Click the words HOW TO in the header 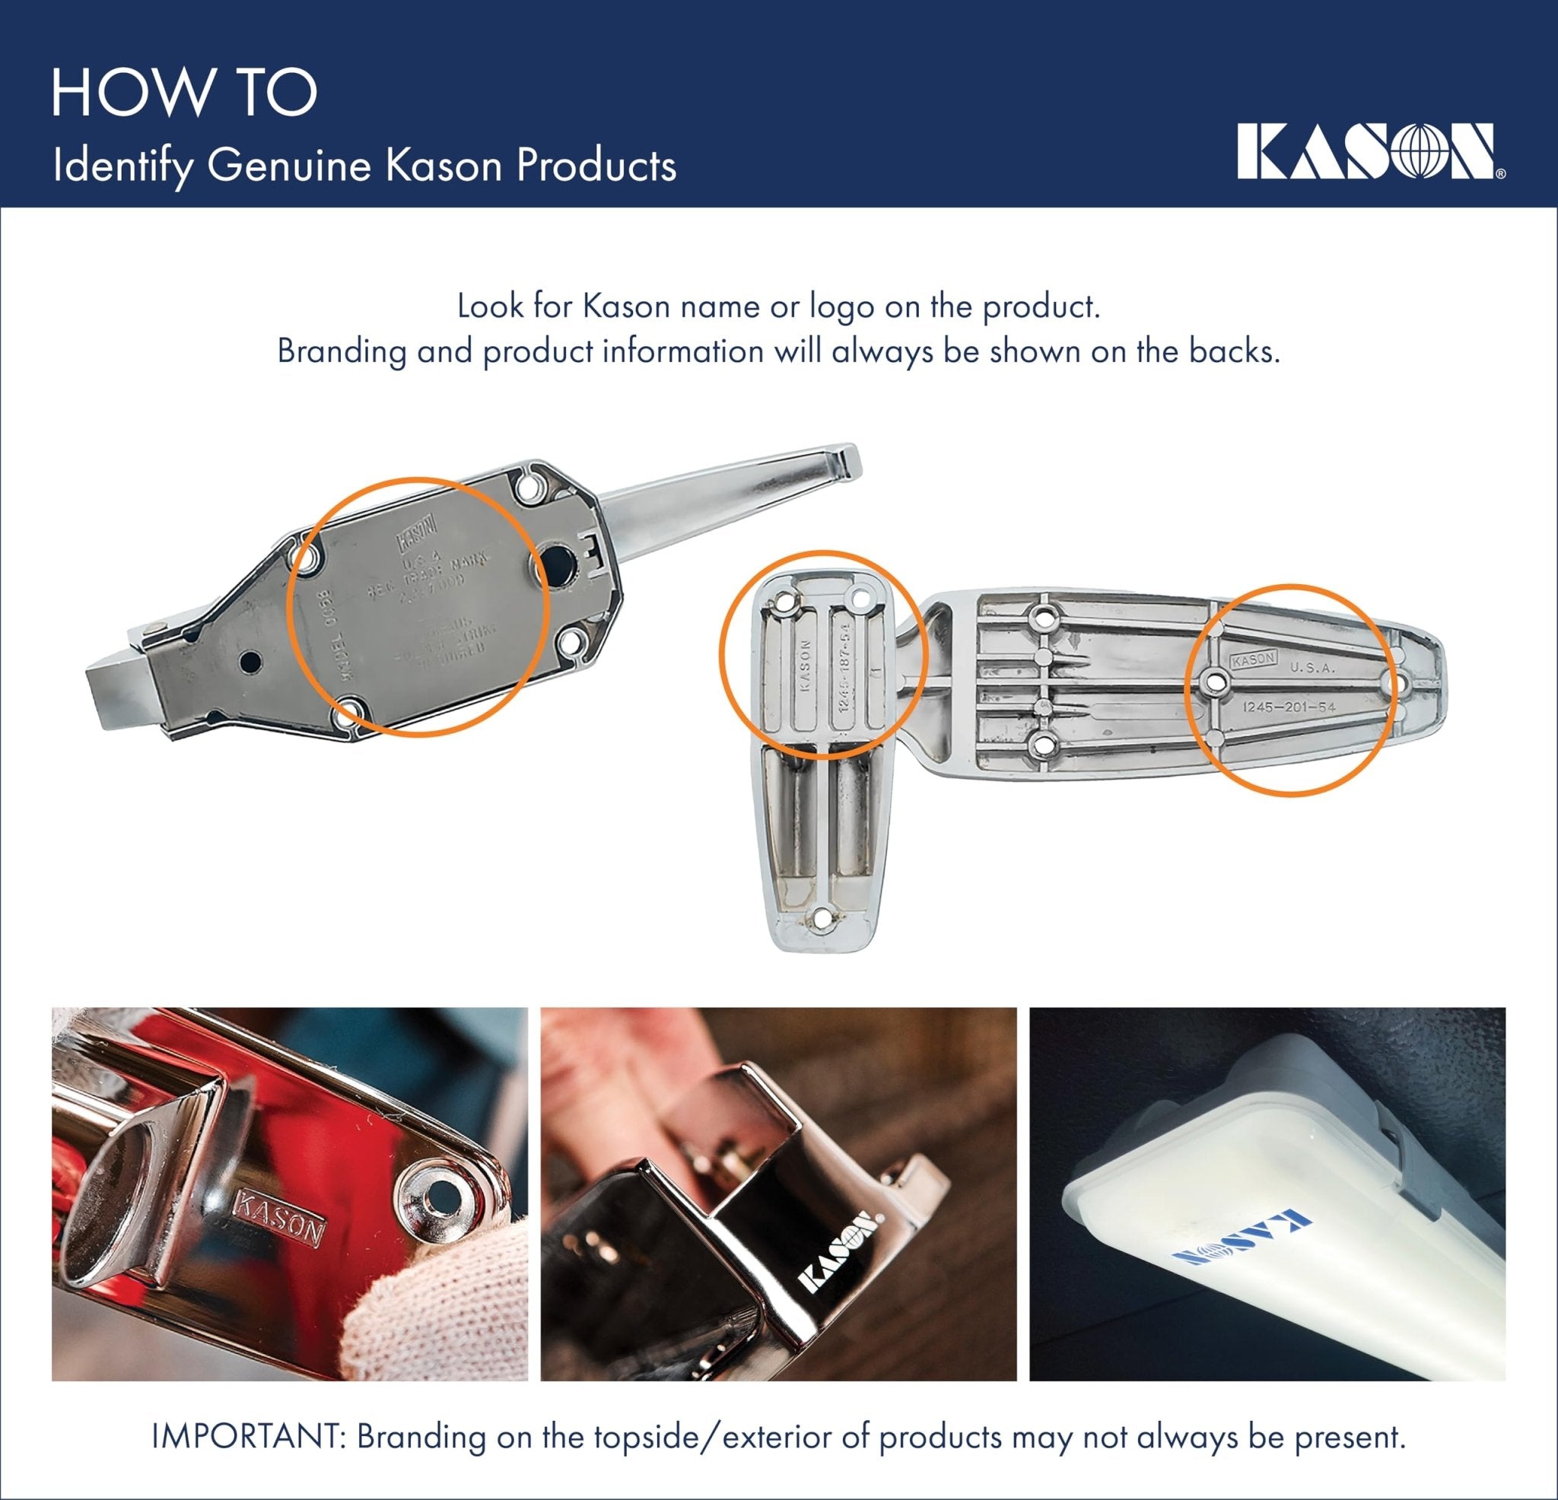184,93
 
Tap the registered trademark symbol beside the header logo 1500,173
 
